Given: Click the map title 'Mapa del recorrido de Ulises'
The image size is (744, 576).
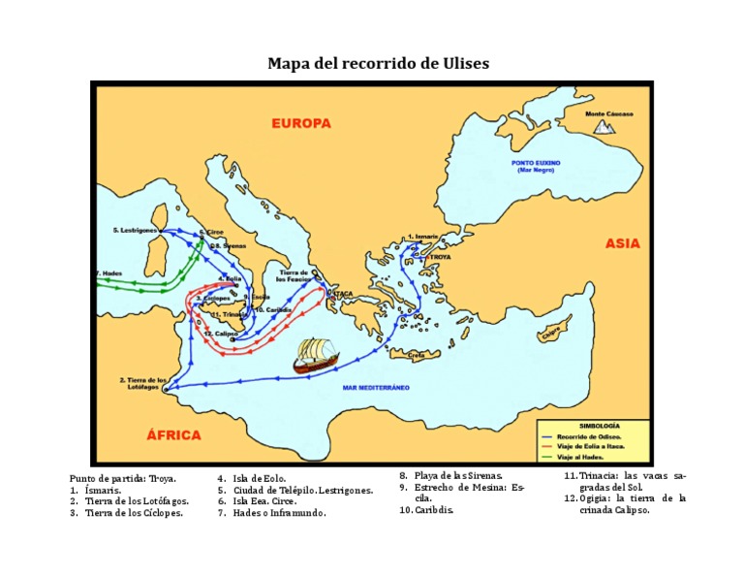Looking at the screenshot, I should tap(378, 64).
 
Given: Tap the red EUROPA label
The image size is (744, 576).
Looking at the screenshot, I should tap(300, 123).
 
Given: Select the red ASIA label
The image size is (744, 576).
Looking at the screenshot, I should tap(622, 243).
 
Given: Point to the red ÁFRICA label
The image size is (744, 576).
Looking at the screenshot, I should tap(173, 435).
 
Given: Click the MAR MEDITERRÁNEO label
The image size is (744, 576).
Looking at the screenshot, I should tap(376, 387).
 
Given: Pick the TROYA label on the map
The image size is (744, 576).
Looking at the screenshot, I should tap(440, 258).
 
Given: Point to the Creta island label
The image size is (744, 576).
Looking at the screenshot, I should tap(416, 356).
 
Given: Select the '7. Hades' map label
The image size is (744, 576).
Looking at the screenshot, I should tap(108, 273).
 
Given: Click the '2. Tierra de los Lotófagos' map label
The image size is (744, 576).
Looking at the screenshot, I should tap(144, 383).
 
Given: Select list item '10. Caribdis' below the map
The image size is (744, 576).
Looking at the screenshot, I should tap(427, 509).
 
